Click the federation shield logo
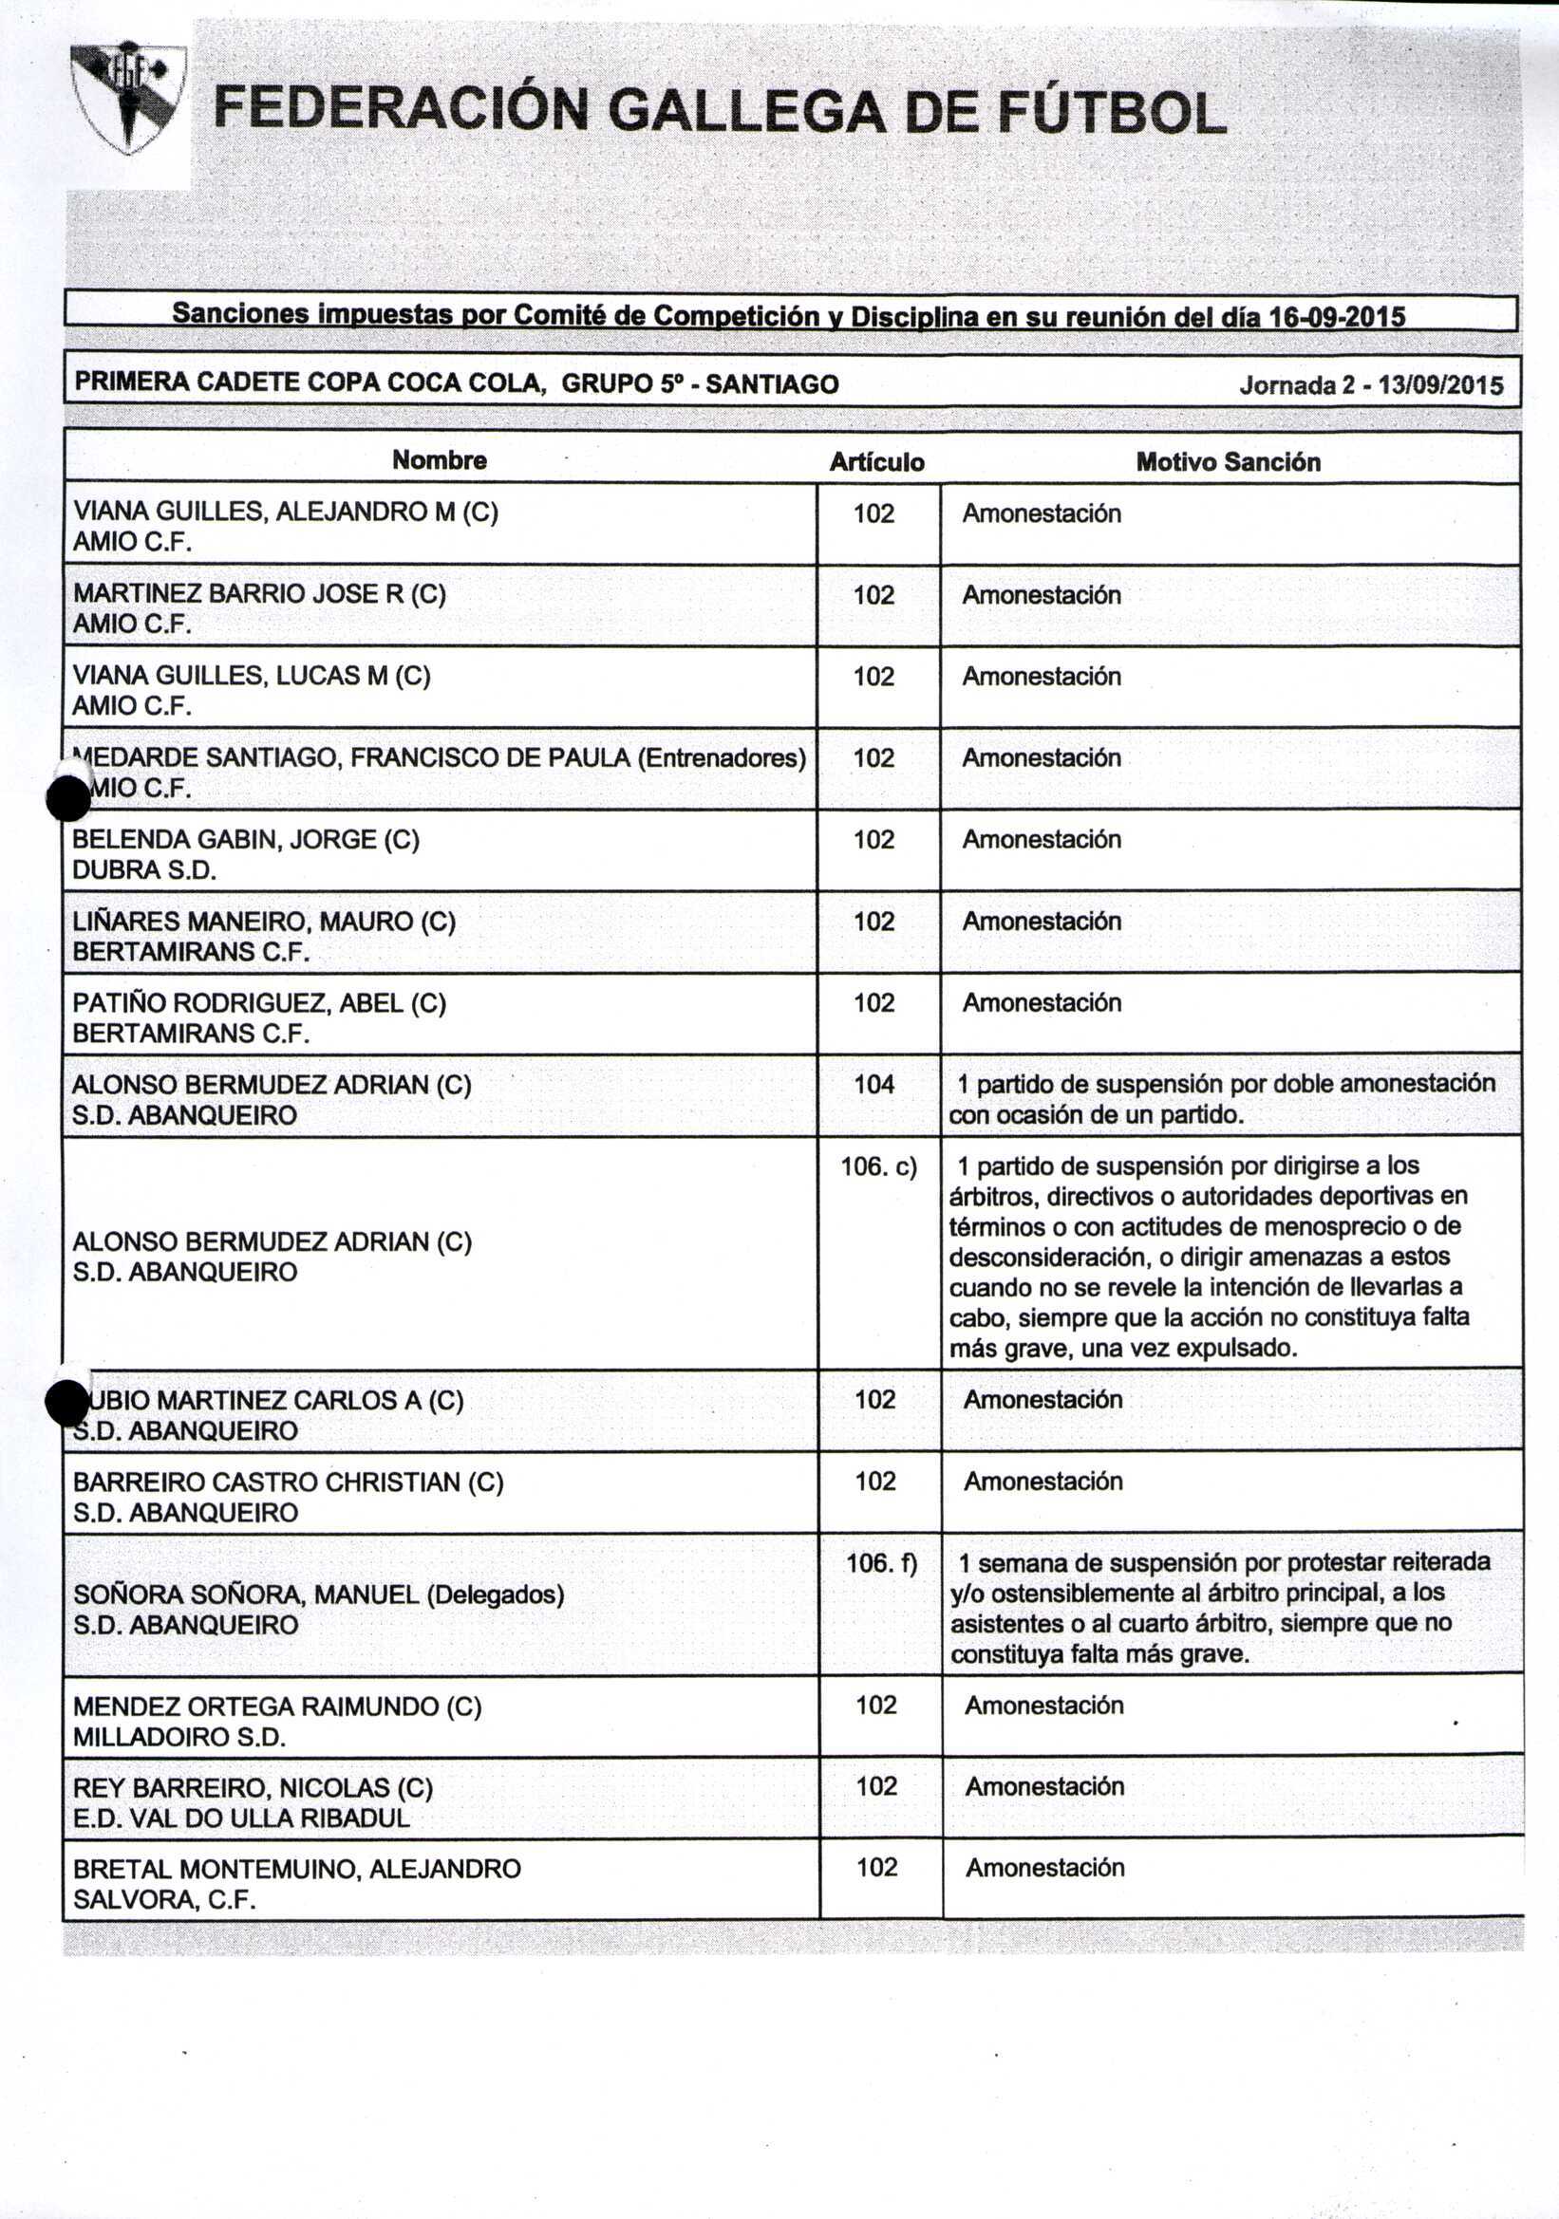(127, 95)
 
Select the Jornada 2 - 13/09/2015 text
(1370, 385)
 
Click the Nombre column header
(439, 460)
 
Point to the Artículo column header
(876, 463)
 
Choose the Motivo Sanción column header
(1228, 462)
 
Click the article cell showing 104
(873, 1085)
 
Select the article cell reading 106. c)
(877, 1166)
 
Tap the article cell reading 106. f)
(880, 1563)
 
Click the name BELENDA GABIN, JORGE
(246, 839)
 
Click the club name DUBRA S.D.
(144, 869)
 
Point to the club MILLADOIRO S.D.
(178, 1737)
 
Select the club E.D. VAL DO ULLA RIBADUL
(240, 1818)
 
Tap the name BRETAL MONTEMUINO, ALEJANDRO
(297, 1868)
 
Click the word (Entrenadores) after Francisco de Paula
(721, 757)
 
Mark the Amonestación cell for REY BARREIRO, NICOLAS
(1043, 1786)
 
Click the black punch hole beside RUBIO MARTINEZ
(67, 1404)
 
